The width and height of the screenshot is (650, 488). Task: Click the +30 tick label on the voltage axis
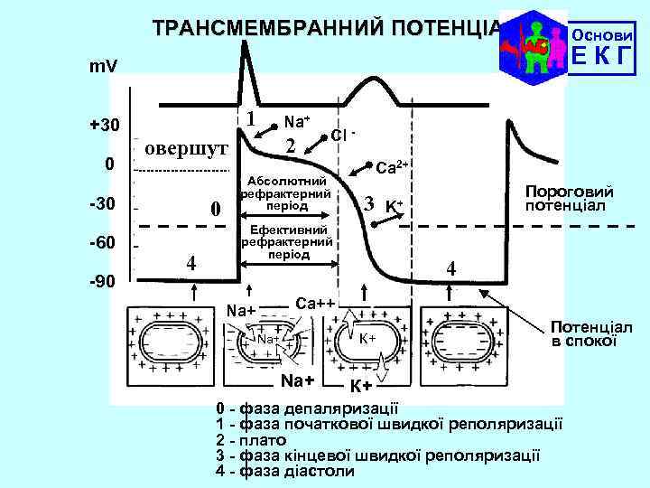[107, 125]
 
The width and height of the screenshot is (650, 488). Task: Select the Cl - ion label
[344, 135]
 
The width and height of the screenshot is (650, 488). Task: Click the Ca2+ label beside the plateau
[393, 167]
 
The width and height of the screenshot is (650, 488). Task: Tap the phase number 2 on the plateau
[290, 145]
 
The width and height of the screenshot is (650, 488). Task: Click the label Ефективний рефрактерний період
[289, 242]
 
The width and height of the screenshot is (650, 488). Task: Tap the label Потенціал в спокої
[591, 333]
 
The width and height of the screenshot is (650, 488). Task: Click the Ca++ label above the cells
[316, 301]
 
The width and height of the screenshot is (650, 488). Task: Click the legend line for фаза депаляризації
[311, 408]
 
